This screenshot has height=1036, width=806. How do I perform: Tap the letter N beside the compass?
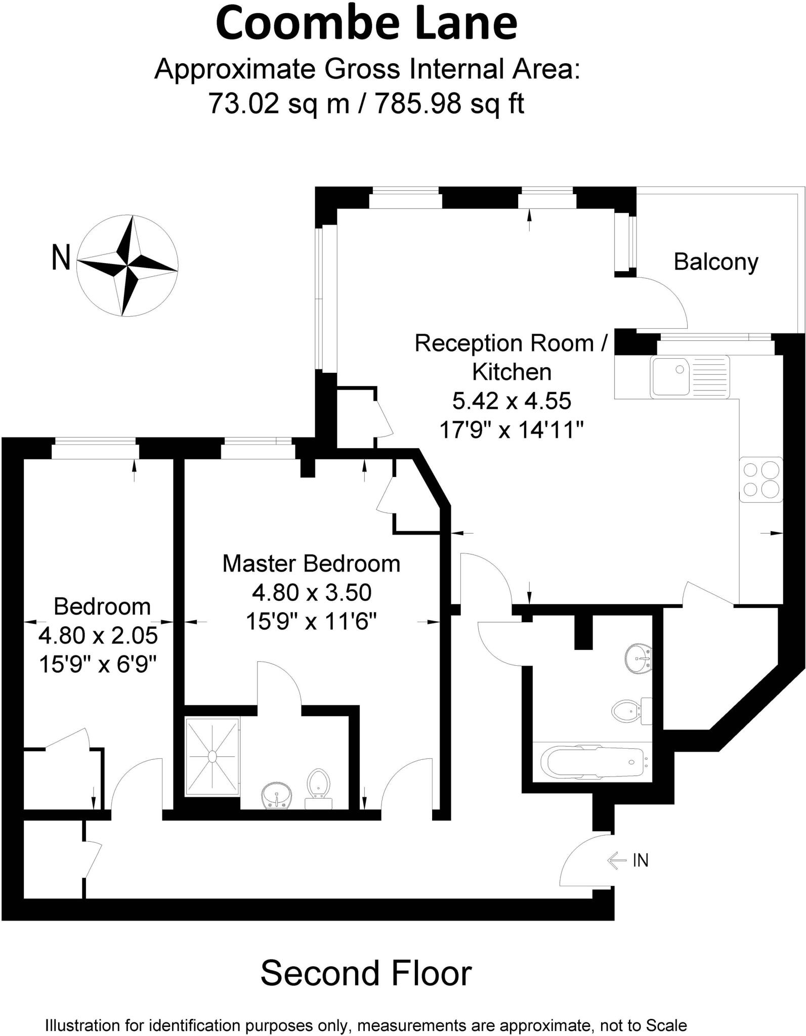[x=61, y=258]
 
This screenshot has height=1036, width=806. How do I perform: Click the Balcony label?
[x=716, y=262]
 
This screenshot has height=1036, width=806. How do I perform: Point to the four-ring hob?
[x=761, y=479]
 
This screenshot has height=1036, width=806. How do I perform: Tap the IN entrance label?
[x=640, y=860]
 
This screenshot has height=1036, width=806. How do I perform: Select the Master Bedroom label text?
[x=311, y=564]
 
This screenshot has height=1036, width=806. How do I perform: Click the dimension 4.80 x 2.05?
[x=98, y=635]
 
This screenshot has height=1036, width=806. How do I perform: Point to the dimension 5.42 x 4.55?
[x=512, y=401]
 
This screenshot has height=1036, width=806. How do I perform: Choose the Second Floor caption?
[x=366, y=973]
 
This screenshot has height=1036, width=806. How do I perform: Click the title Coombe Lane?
[x=367, y=24]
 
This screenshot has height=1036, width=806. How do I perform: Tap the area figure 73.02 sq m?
[x=279, y=104]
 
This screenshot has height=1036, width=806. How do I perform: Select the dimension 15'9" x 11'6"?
[x=312, y=621]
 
